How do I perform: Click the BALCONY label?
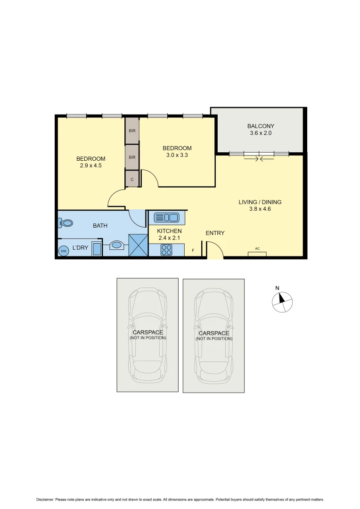[x=261, y=126]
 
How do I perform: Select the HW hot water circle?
[x=64, y=251]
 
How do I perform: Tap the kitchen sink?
[x=166, y=217]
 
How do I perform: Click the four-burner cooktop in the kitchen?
[x=166, y=249]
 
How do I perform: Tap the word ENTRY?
[x=215, y=233]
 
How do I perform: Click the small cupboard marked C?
[x=132, y=179]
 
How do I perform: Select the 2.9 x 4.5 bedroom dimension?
[x=90, y=165]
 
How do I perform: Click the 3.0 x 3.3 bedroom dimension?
[x=177, y=155]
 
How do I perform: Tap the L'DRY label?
[x=80, y=247]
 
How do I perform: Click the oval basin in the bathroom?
[x=116, y=245]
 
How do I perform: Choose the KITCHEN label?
[x=169, y=231]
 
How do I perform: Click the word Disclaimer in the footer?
[x=45, y=499]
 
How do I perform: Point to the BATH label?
[x=100, y=226]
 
